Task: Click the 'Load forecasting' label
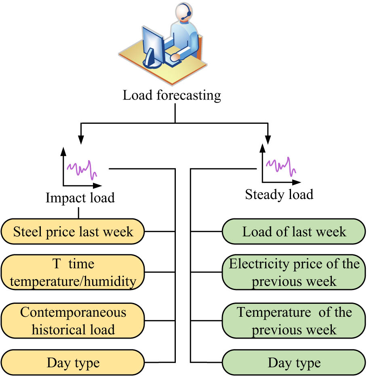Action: pos(172,96)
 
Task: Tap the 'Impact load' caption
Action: pos(80,198)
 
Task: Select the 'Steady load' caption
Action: pos(279,195)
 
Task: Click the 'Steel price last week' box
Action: pos(73,232)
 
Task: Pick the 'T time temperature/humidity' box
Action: pos(73,272)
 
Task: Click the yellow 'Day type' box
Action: pos(73,362)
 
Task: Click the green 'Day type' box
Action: pos(294,362)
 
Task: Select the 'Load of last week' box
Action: pos(294,232)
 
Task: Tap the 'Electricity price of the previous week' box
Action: pos(294,272)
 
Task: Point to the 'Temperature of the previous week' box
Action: pos(294,320)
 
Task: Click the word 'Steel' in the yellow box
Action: pos(27,232)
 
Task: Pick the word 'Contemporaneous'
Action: pos(73,312)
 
